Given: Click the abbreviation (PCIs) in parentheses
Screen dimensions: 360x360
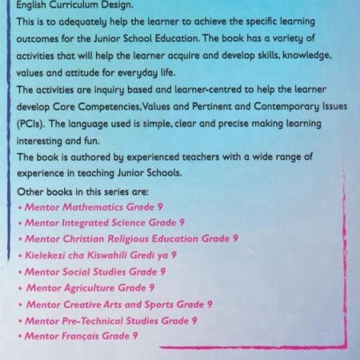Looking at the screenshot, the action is coord(32,125).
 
